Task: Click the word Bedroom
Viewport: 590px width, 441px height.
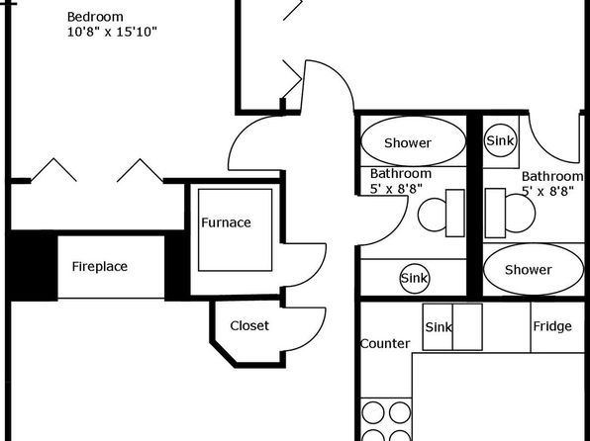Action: tap(95, 17)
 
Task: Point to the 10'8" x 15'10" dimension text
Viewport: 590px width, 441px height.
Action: tap(112, 32)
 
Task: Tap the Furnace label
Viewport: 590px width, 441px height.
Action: tap(226, 222)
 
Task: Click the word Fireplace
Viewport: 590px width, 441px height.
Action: tap(100, 267)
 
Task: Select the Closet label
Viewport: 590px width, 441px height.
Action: tap(249, 325)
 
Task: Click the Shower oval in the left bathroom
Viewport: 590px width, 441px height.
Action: tap(413, 141)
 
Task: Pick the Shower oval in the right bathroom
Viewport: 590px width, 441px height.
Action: tap(534, 269)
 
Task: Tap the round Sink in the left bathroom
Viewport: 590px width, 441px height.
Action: tap(414, 278)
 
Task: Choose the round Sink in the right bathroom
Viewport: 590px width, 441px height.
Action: tap(500, 140)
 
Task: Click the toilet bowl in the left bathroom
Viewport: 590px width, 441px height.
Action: tap(433, 215)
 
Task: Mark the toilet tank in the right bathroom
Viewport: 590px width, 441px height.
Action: tap(495, 214)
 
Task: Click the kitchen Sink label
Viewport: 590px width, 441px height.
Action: tap(439, 327)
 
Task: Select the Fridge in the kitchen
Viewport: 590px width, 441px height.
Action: tap(557, 327)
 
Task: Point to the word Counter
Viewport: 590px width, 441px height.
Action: tap(385, 344)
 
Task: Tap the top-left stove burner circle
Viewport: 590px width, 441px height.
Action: tap(373, 412)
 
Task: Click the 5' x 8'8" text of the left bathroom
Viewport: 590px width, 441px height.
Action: tap(396, 189)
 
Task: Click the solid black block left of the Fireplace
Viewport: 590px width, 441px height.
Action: tap(33, 266)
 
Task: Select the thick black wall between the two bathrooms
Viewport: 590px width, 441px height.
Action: tap(474, 206)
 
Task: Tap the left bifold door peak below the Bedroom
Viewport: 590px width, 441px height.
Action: tap(53, 158)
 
